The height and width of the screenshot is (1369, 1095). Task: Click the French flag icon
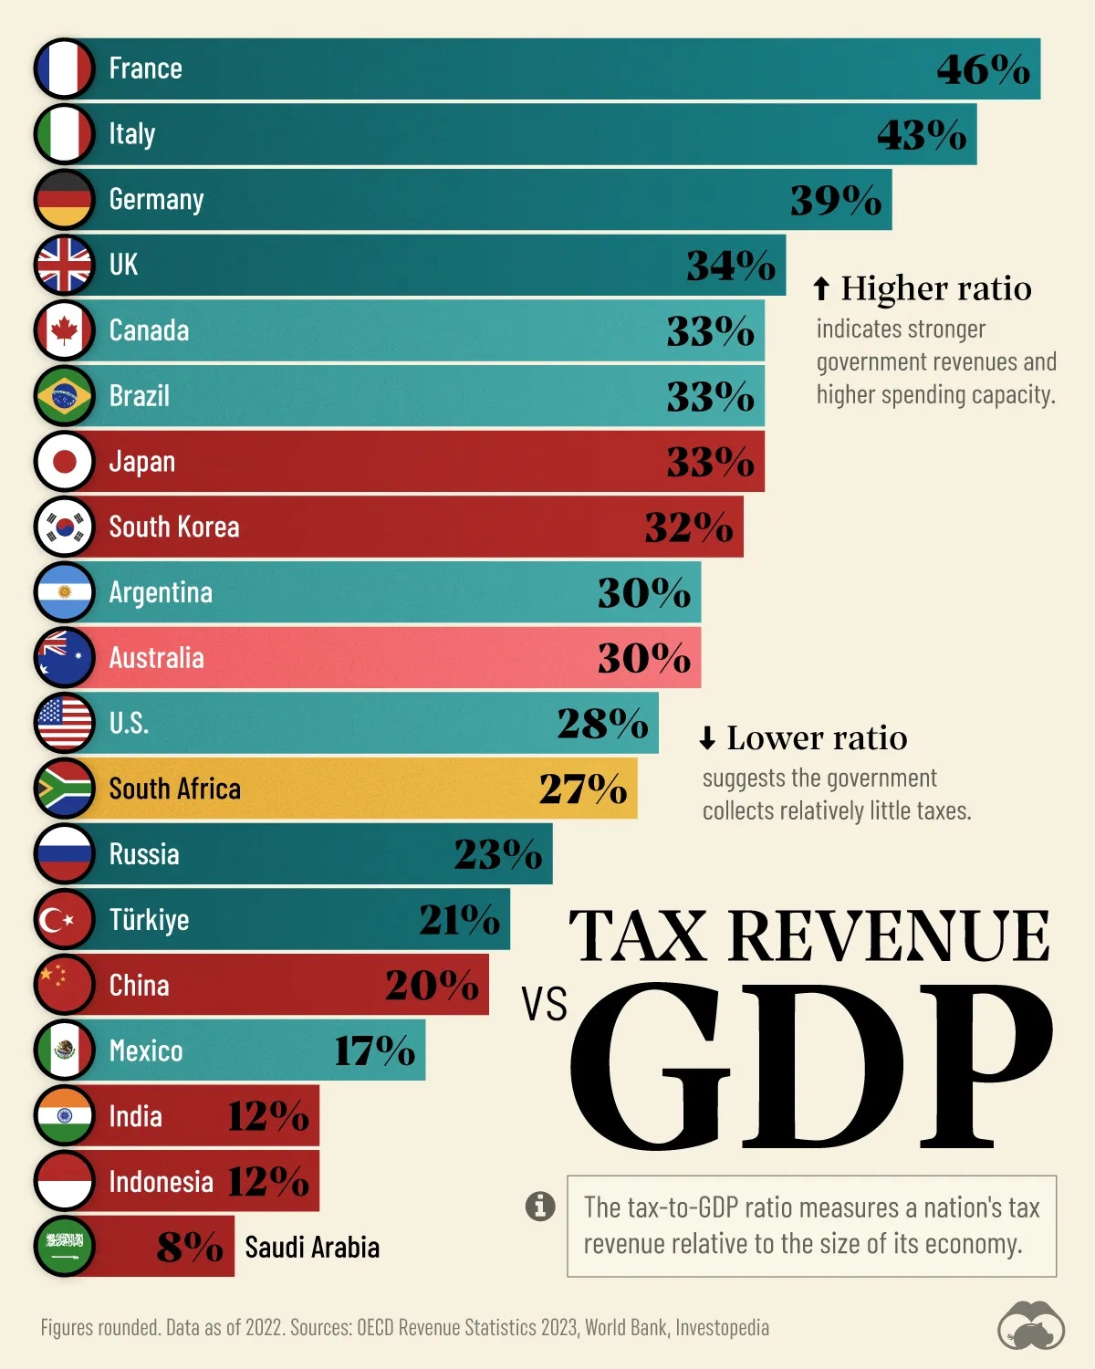click(x=64, y=68)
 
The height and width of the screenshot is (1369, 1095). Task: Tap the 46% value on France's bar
click(x=983, y=69)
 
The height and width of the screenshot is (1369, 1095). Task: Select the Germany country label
click(x=156, y=199)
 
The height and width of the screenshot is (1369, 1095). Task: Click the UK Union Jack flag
click(x=64, y=265)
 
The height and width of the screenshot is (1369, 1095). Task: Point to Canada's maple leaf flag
click(x=64, y=330)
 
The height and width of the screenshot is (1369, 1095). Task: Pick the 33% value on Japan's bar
click(x=710, y=462)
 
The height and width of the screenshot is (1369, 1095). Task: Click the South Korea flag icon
click(x=64, y=527)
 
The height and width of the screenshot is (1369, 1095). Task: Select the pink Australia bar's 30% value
click(x=643, y=658)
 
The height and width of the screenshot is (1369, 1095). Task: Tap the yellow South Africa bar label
click(x=174, y=789)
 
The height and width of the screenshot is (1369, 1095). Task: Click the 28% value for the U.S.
click(x=602, y=724)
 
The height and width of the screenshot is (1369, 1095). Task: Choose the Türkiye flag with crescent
click(x=64, y=920)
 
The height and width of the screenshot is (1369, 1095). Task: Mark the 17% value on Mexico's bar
click(x=374, y=1050)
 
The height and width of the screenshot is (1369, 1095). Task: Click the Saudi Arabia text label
click(x=312, y=1248)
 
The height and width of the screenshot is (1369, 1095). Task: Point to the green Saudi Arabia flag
click(x=64, y=1247)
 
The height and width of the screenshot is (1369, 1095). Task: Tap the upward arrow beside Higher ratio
click(x=821, y=288)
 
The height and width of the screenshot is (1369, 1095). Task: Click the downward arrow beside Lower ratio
click(x=707, y=738)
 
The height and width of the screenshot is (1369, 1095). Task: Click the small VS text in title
click(x=544, y=1004)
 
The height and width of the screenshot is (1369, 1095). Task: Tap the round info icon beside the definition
click(x=540, y=1206)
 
